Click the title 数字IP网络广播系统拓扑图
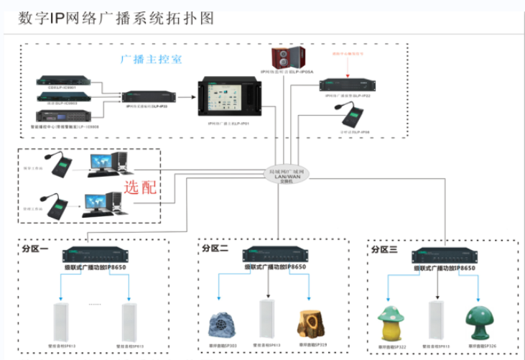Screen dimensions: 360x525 [x=116, y=18]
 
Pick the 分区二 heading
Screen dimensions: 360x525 [x=215, y=248]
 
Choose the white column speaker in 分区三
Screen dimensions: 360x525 [x=435, y=320]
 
